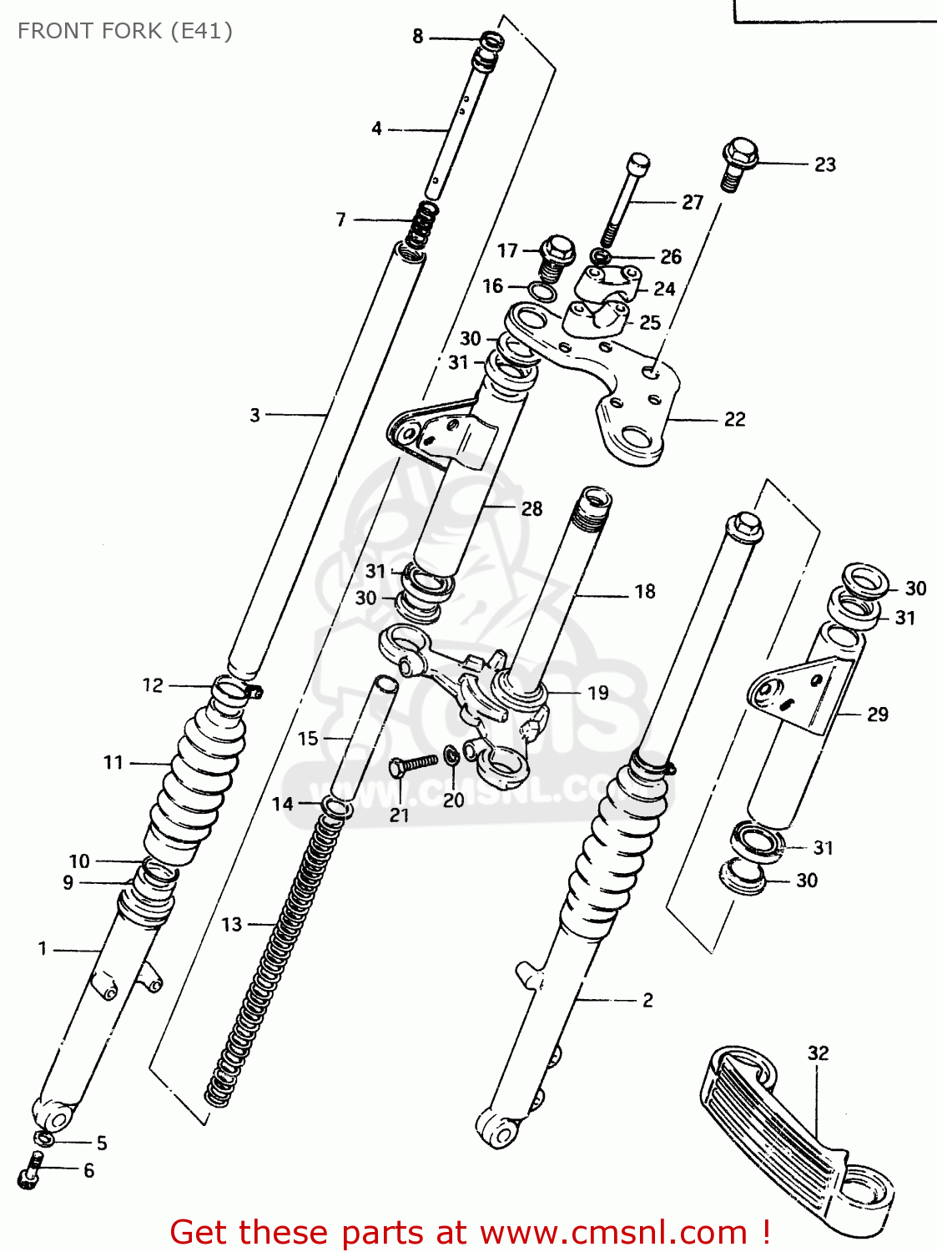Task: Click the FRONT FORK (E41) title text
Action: (125, 31)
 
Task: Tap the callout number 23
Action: (824, 164)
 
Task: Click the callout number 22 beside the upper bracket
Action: (734, 419)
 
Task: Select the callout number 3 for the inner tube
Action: (254, 415)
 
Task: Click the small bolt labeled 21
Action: (413, 764)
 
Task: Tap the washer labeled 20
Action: (451, 755)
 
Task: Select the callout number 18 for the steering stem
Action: (645, 592)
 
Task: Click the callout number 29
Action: (877, 714)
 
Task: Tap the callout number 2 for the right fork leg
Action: (647, 1000)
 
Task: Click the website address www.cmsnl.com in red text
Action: (614, 1232)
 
